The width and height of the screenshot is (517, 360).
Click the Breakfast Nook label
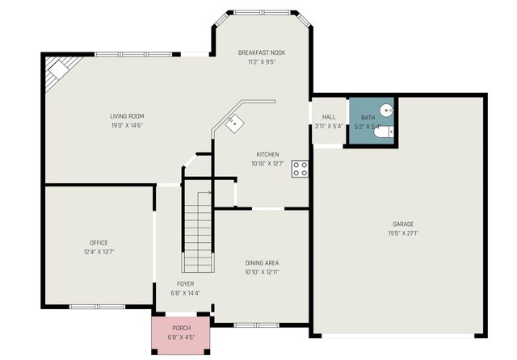262,52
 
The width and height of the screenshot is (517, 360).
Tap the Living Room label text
128,116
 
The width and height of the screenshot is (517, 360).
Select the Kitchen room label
267,154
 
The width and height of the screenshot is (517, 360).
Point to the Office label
99,242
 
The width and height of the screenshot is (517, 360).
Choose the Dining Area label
262,262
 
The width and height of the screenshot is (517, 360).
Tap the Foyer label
186,283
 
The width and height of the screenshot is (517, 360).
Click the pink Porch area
181,332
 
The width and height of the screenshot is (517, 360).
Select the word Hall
329,117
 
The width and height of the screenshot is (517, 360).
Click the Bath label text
368,117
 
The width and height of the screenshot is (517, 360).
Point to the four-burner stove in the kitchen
301,169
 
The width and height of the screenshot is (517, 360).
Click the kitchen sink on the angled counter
235,123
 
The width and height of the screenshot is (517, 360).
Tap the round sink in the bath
388,110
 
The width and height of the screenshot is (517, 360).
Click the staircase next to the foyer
198,230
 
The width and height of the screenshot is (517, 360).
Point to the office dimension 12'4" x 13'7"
99,252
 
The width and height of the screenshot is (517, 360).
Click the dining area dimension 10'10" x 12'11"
262,272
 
